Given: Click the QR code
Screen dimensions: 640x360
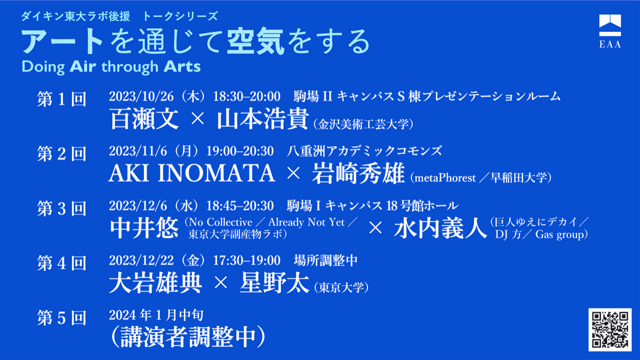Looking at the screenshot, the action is click(609, 329).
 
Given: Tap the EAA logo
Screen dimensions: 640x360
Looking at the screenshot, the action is click(610, 31).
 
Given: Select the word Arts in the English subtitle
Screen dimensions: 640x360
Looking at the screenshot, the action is click(182, 66).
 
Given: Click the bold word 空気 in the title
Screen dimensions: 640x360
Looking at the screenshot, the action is click(255, 41).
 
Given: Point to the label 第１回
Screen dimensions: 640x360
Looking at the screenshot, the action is click(61, 99).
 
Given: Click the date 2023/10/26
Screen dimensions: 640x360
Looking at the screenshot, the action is click(141, 96).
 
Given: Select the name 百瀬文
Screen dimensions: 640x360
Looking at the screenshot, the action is click(144, 119).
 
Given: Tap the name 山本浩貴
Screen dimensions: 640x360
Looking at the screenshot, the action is click(262, 119).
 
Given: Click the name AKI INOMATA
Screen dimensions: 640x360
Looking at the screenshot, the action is click(191, 173).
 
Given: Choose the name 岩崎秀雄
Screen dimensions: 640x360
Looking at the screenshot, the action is click(358, 173).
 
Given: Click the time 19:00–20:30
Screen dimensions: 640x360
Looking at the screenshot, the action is click(240, 151).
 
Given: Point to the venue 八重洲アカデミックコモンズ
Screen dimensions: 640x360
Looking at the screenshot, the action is click(364, 151).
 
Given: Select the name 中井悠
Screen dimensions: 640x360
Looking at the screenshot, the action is click(144, 228).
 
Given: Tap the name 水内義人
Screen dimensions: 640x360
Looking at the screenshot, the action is click(440, 228).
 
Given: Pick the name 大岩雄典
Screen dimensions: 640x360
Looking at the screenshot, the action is click(155, 283).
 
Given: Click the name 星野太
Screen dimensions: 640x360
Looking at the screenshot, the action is click(274, 283).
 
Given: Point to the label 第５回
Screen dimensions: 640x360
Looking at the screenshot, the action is click(61, 317).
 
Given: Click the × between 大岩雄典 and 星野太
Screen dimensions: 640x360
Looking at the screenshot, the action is click(220, 283).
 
